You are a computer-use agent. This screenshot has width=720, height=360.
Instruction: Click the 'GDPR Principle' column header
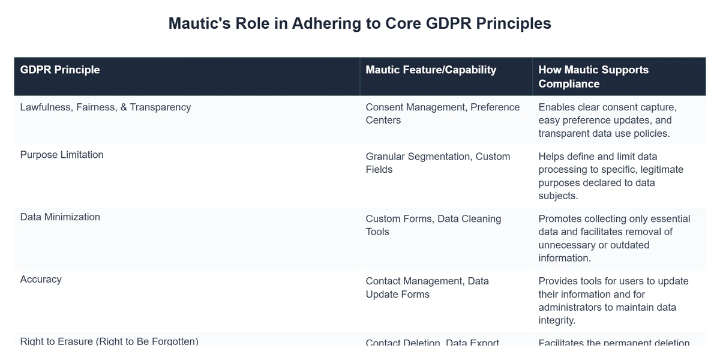(x=60, y=70)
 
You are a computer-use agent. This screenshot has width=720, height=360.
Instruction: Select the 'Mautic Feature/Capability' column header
(x=431, y=70)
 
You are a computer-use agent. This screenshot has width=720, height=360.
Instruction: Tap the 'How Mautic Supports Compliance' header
(x=593, y=76)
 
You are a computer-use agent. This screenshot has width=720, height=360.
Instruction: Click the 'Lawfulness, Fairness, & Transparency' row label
(x=106, y=107)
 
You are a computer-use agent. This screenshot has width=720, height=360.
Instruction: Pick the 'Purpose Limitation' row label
(x=62, y=155)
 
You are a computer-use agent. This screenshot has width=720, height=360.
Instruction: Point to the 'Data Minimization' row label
(x=60, y=217)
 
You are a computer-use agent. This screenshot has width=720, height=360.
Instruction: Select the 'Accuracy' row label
(x=41, y=280)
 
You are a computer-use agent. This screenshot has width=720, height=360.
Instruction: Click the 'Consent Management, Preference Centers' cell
(x=442, y=113)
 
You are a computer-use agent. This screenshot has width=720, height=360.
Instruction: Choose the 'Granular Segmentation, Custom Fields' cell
(x=437, y=163)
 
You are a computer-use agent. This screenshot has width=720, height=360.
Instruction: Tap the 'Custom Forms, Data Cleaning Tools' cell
(x=433, y=225)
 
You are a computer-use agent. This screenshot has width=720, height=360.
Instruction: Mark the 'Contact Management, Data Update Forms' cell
(x=427, y=287)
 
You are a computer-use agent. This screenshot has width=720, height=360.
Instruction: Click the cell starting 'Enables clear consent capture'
(x=607, y=120)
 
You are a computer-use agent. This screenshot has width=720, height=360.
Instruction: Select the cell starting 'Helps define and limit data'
(x=611, y=176)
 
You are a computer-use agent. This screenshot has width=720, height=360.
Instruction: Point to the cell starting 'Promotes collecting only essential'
(x=614, y=238)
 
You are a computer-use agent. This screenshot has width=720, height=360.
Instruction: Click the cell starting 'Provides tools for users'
(x=613, y=301)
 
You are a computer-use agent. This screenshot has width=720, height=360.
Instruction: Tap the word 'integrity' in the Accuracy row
(x=557, y=320)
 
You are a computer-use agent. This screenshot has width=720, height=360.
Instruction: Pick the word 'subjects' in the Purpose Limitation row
(x=559, y=196)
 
